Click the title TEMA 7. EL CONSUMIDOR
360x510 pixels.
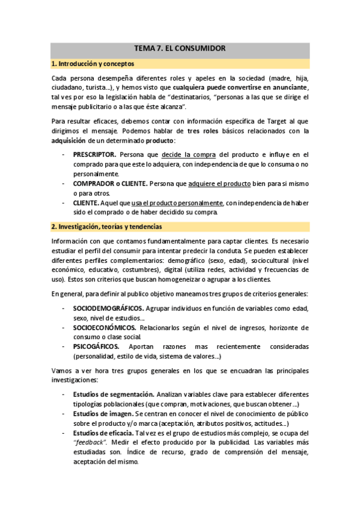click(180, 48)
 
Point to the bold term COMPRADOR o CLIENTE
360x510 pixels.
click(109, 183)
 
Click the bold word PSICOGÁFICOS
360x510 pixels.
click(96, 347)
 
